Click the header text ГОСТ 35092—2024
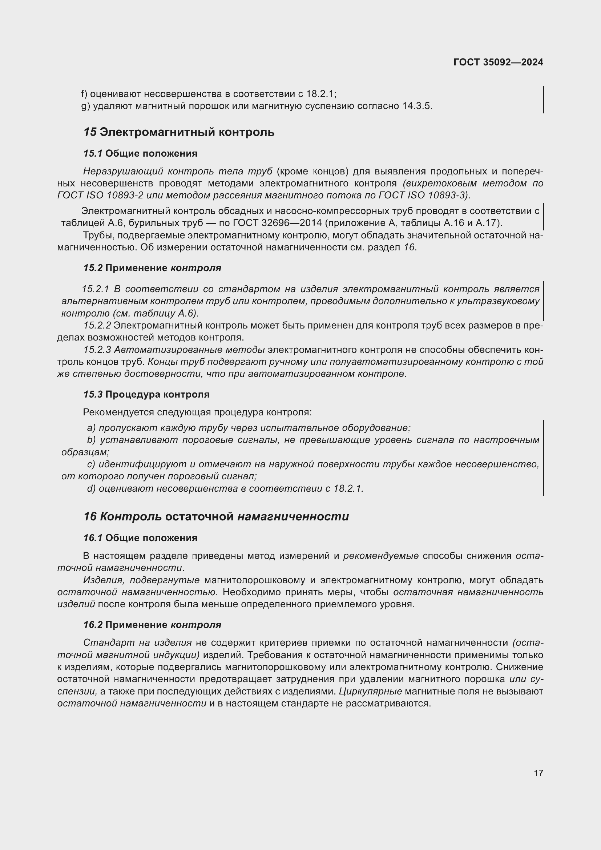[498, 62]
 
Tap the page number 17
[539, 773]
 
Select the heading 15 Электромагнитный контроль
[179, 132]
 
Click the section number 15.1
[93, 154]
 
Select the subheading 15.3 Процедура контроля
[146, 394]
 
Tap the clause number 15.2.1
[95, 289]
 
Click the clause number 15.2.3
[97, 350]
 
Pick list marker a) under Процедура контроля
[91, 428]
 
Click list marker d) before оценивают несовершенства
[91, 489]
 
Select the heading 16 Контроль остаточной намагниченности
[216, 516]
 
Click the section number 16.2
[93, 625]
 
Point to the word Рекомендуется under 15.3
[119, 412]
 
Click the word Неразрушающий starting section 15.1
[123, 172]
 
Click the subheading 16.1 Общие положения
[140, 538]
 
